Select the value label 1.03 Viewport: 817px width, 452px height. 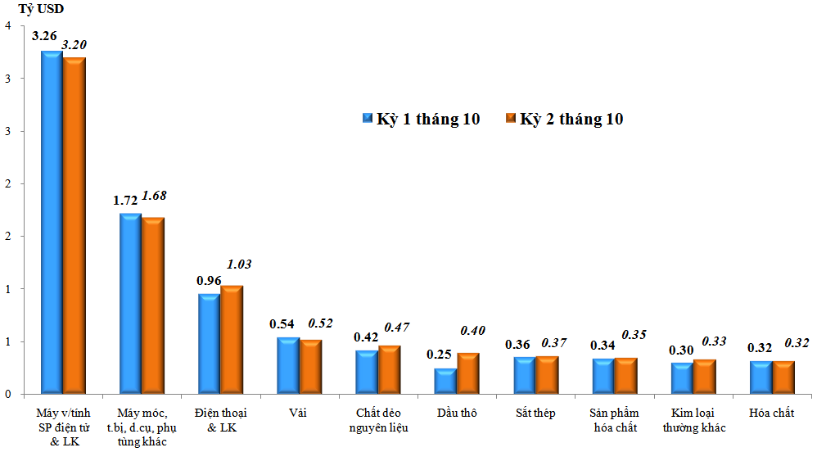click(x=238, y=264)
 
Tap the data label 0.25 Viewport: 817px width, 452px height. click(x=440, y=354)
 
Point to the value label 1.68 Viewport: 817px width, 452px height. click(x=154, y=195)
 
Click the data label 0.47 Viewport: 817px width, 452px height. click(x=397, y=328)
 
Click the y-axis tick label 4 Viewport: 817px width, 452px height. click(x=7, y=26)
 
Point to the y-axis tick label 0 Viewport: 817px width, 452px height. click(x=7, y=394)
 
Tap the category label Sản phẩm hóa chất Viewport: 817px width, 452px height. click(x=614, y=420)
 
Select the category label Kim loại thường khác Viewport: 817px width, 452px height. click(x=694, y=420)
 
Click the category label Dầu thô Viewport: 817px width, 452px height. click(x=458, y=413)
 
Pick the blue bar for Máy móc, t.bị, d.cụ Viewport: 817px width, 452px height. click(x=130, y=303)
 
